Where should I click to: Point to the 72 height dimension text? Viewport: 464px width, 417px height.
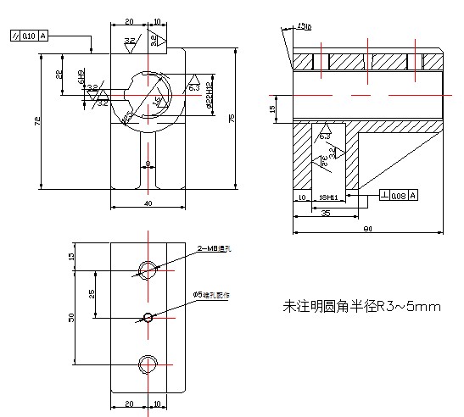point(36,122)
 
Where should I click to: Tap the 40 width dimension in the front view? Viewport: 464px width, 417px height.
point(148,204)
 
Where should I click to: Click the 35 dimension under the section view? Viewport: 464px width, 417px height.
point(326,214)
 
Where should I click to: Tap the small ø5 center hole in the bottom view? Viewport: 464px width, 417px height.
point(148,318)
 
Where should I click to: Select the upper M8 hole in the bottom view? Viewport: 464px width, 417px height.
point(148,270)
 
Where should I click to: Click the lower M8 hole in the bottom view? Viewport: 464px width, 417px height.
point(148,364)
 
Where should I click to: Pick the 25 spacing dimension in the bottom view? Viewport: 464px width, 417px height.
point(92,294)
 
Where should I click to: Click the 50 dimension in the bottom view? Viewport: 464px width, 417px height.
point(72,317)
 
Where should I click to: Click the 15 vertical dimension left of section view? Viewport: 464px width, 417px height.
point(272,108)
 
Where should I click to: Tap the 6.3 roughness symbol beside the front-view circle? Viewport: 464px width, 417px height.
point(193,86)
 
